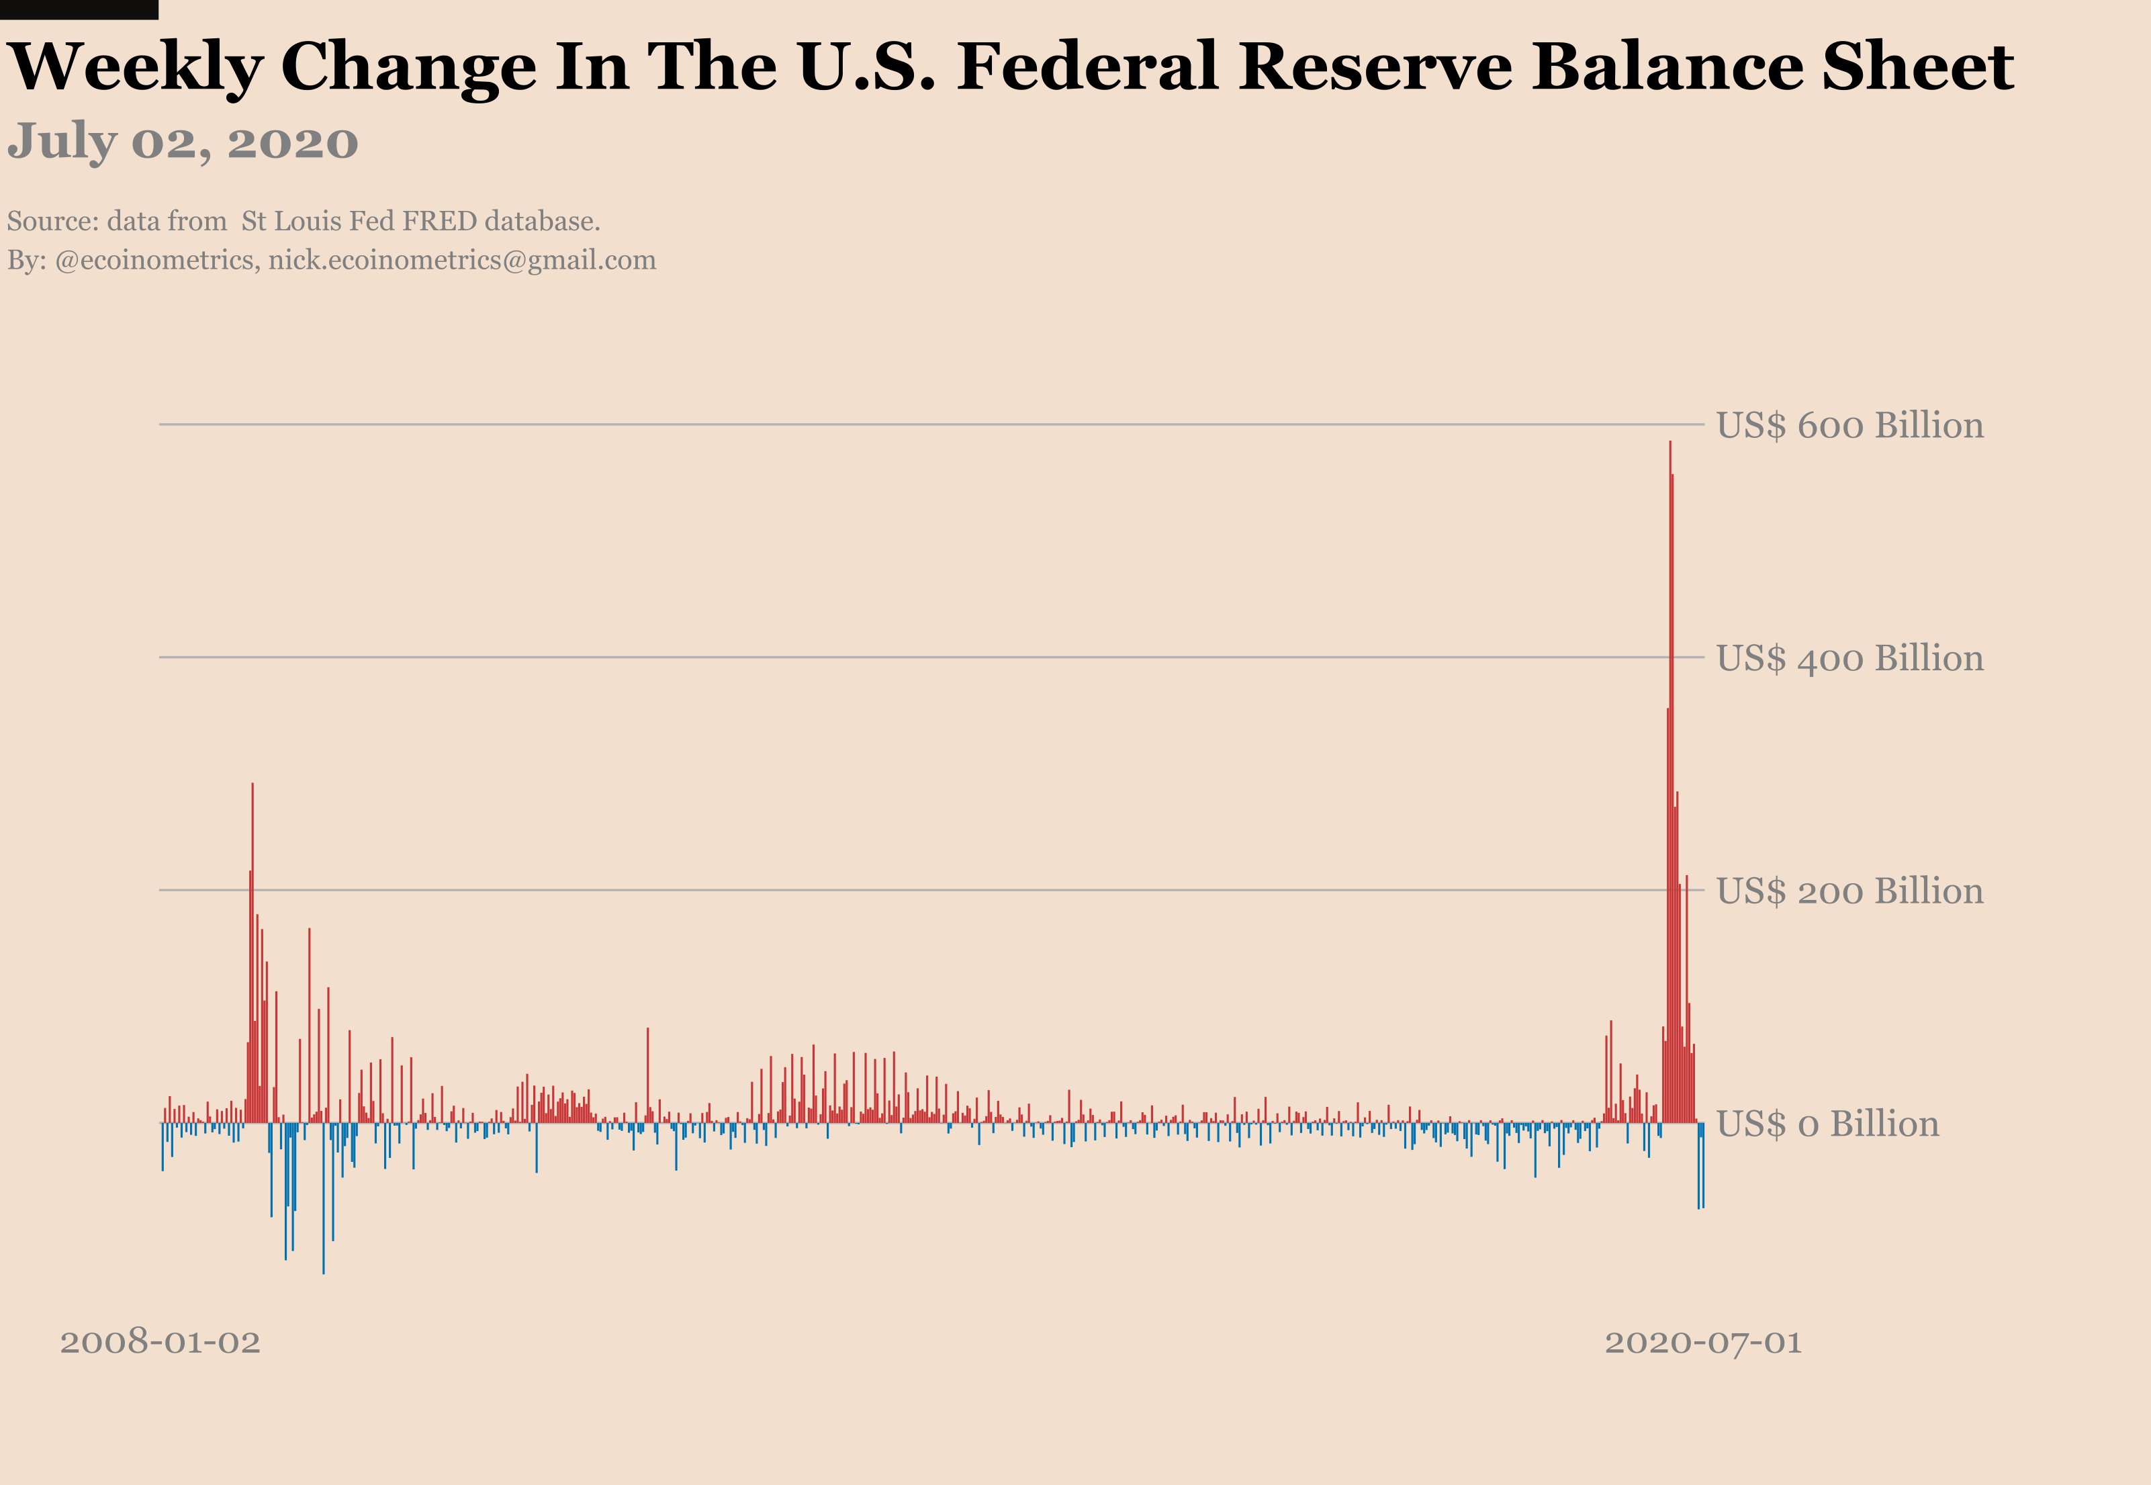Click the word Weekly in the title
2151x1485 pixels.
click(x=135, y=67)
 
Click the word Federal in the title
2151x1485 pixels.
click(x=1087, y=67)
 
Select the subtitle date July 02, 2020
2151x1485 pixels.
click(x=183, y=142)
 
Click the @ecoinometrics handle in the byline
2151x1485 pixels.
click(x=157, y=261)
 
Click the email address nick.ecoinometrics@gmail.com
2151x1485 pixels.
click(x=463, y=261)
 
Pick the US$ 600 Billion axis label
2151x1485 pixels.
click(x=1849, y=426)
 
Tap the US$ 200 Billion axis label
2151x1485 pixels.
click(x=1849, y=891)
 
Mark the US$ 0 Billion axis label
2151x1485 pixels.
click(x=1827, y=1124)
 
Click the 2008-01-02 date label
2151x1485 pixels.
click(x=160, y=1342)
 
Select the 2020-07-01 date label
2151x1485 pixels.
click(x=1702, y=1342)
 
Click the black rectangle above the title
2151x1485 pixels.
click(x=79, y=9)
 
